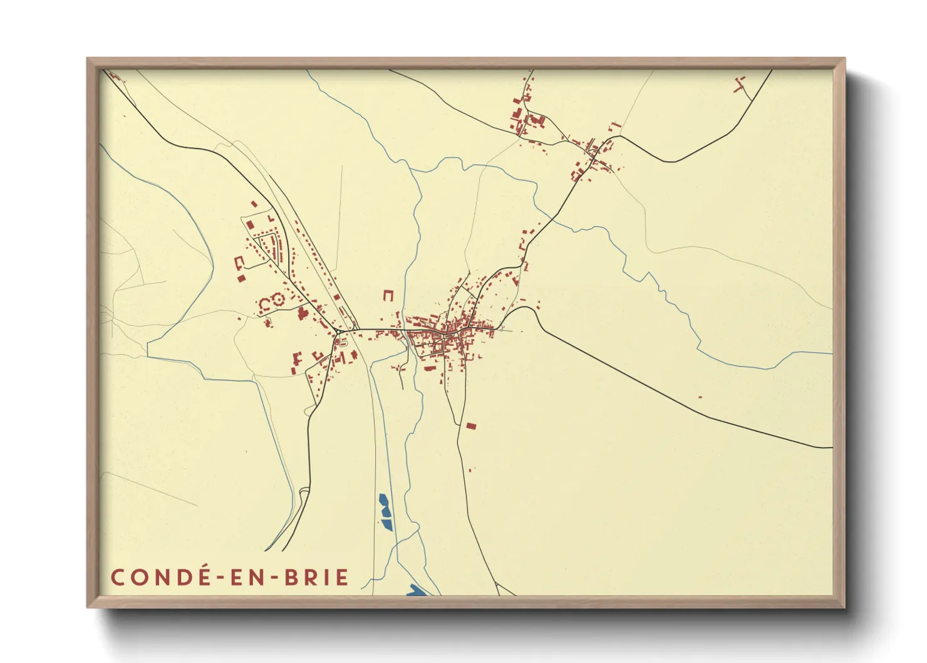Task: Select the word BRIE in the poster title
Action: pyautogui.click(x=316, y=577)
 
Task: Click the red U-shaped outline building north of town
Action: pyautogui.click(x=389, y=295)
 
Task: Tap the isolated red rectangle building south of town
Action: pyautogui.click(x=471, y=426)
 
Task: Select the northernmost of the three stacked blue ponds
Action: pyautogui.click(x=383, y=500)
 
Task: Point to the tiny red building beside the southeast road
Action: pyautogui.click(x=700, y=397)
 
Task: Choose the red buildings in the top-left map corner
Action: pyautogui.click(x=115, y=76)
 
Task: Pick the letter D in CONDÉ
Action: pyautogui.click(x=179, y=577)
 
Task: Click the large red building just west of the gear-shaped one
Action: pyautogui.click(x=264, y=305)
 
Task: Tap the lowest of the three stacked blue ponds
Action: pyautogui.click(x=386, y=524)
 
